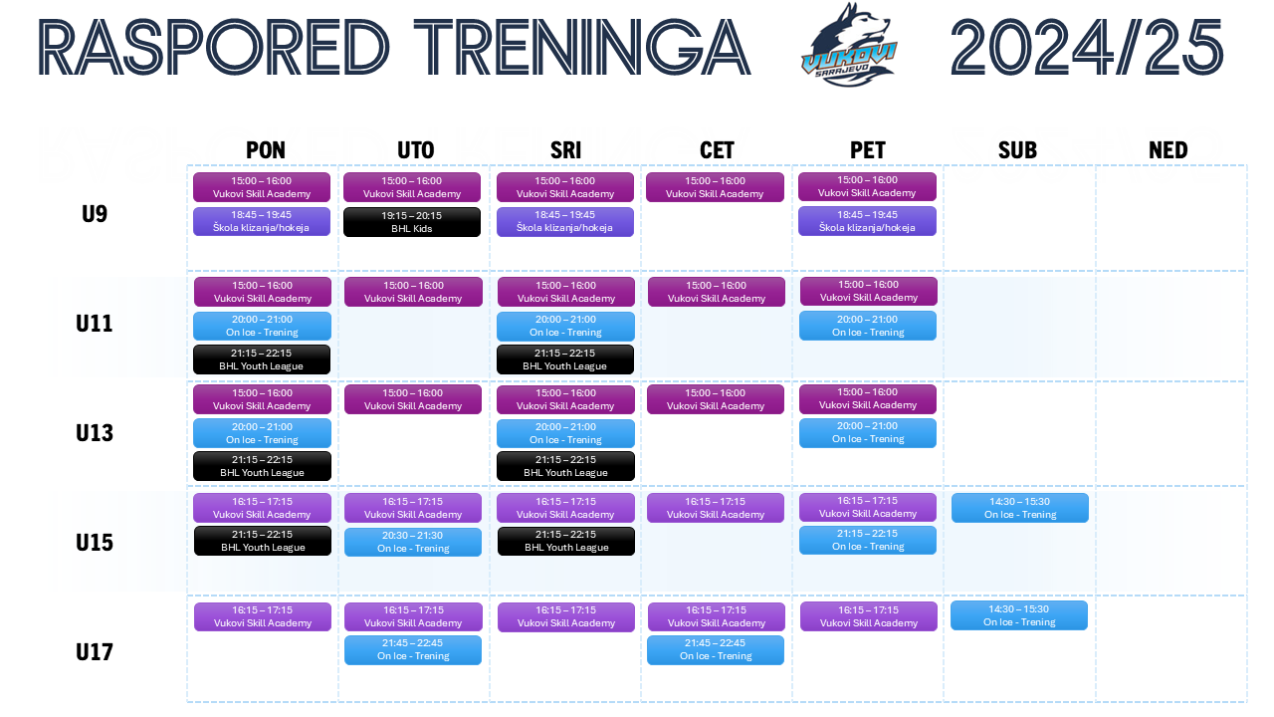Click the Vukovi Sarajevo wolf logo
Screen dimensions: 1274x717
tap(849, 46)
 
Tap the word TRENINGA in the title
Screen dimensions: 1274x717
tap(582, 47)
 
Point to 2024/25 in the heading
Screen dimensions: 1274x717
tap(1087, 47)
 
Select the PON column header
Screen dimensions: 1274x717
tap(266, 150)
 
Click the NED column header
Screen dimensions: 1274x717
tap(1168, 150)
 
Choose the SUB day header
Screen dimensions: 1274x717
tap(1017, 150)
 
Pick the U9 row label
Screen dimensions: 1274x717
tap(95, 214)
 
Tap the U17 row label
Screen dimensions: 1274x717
tap(95, 652)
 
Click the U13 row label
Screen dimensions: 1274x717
tap(95, 433)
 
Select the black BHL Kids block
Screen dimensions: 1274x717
tap(412, 222)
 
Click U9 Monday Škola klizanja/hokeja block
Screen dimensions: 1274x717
tap(262, 221)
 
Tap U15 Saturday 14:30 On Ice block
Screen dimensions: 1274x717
tap(1020, 508)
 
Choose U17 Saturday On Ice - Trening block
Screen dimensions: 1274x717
tap(1018, 615)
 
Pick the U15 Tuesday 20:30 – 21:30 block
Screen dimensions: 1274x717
tap(413, 542)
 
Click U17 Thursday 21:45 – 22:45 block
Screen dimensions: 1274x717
tap(716, 650)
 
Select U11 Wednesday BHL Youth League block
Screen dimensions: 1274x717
tap(565, 359)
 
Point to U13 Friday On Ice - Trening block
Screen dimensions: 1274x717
tap(868, 433)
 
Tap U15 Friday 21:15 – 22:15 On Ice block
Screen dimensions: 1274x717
tap(868, 540)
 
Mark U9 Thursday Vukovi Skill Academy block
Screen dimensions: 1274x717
tap(715, 187)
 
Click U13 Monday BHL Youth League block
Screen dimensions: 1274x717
tap(262, 466)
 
